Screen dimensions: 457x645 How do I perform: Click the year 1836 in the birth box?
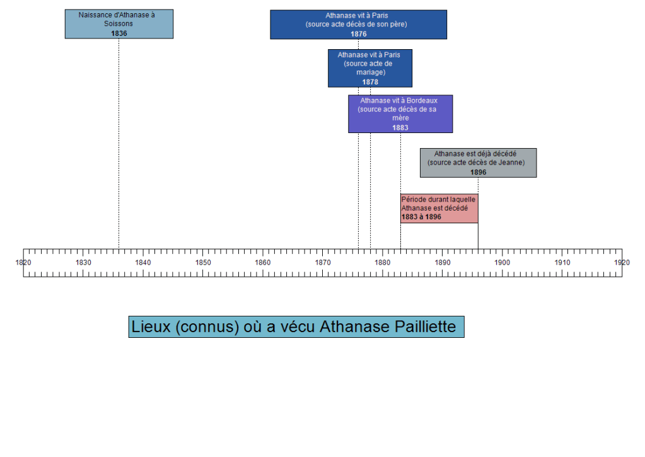click(119, 33)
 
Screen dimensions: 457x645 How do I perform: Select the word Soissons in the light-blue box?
click(119, 24)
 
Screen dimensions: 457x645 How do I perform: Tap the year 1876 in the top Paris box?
click(358, 34)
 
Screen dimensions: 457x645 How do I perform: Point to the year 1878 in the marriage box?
click(370, 82)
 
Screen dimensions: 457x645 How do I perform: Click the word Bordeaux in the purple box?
click(422, 100)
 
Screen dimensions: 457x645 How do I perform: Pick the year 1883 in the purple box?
click(400, 127)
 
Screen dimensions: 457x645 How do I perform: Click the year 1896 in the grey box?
click(478, 172)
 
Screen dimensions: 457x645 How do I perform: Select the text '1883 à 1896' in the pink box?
click(421, 217)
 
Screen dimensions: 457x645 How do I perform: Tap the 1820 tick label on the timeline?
click(23, 262)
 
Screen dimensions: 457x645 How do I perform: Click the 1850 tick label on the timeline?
click(203, 262)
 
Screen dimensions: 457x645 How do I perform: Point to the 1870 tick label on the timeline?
click(323, 262)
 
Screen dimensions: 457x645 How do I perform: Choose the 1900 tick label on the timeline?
click(503, 262)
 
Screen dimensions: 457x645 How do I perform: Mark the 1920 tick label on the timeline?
click(622, 262)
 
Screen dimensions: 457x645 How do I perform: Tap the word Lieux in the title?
click(150, 327)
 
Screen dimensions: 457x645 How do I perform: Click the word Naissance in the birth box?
click(96, 14)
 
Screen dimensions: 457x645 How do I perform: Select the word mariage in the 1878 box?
click(370, 72)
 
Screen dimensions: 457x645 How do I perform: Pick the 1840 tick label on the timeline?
click(143, 262)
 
